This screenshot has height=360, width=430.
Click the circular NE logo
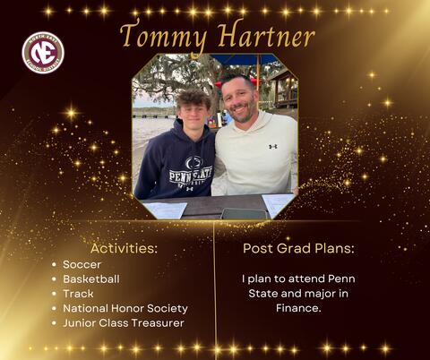(x=43, y=52)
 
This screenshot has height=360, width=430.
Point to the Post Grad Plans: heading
(x=297, y=247)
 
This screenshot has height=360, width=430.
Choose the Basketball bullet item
(x=90, y=279)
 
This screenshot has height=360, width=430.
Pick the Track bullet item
(x=78, y=293)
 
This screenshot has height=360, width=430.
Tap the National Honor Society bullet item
(x=125, y=307)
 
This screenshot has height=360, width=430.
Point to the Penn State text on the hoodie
(x=192, y=174)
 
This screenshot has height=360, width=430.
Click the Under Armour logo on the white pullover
(x=272, y=145)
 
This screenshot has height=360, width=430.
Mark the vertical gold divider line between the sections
(x=214, y=287)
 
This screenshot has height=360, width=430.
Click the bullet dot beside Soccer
(x=55, y=264)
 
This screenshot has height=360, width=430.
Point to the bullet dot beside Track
(x=55, y=293)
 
